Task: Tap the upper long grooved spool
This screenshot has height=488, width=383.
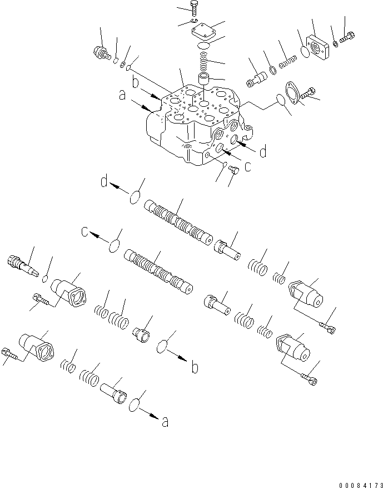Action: point(178,222)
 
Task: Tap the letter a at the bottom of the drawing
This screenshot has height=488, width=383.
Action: point(165,423)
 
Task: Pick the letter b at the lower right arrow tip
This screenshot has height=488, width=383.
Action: point(194,368)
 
